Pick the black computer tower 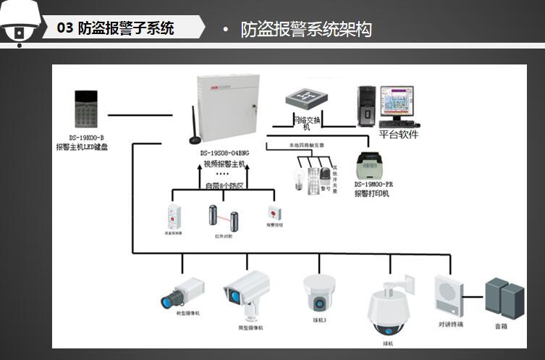(367, 105)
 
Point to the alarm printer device (373, 166)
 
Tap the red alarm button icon (274, 213)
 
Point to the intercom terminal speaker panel (449, 295)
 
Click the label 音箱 (502, 327)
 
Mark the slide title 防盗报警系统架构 (306, 30)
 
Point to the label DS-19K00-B (87, 138)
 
